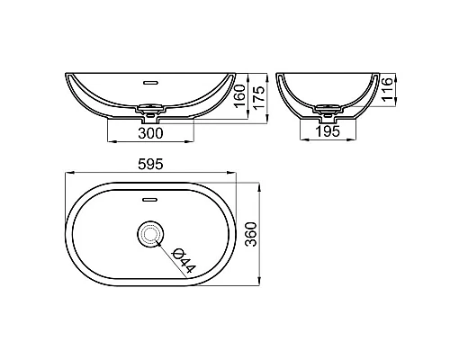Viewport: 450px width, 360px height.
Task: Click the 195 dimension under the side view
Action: (x=328, y=132)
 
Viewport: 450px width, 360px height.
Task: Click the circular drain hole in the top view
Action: (x=149, y=236)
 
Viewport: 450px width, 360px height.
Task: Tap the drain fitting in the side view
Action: (x=329, y=113)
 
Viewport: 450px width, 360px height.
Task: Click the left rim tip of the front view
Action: (x=67, y=75)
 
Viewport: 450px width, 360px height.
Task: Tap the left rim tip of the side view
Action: (x=279, y=75)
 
